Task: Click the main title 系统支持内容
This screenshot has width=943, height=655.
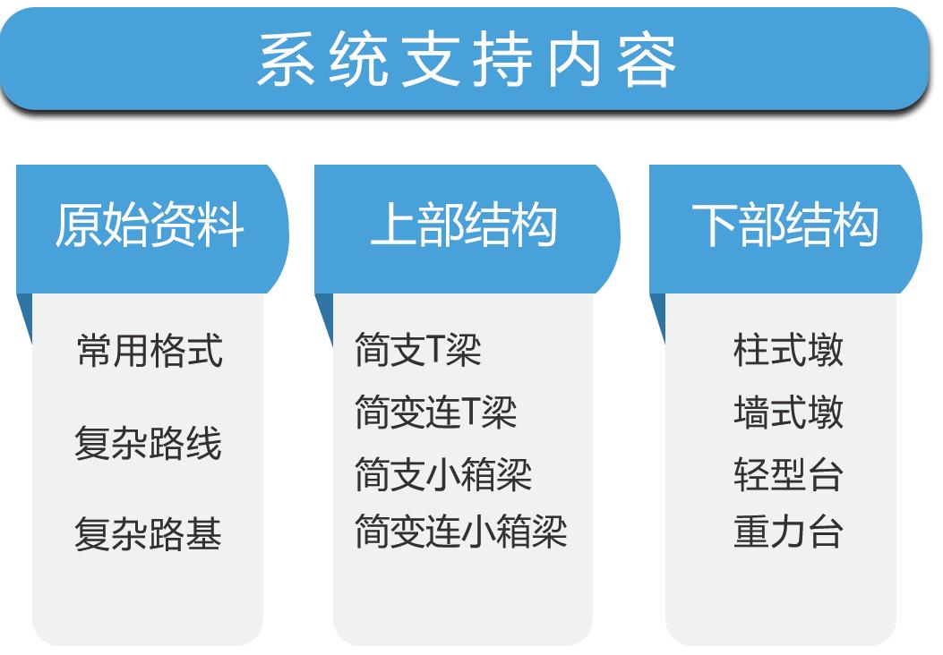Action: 467,59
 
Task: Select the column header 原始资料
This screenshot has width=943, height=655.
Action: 150,224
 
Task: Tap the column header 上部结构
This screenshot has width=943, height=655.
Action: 464,224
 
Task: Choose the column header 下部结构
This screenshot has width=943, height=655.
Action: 785,224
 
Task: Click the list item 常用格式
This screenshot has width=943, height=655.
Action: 150,350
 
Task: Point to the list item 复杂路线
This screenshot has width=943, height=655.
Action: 148,443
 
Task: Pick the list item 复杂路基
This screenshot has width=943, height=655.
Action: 148,533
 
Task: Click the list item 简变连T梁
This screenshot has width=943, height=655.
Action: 436,413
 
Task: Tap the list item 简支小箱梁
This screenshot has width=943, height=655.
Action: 443,474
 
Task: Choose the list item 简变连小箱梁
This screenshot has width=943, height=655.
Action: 461,532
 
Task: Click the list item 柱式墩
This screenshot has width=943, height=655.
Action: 788,350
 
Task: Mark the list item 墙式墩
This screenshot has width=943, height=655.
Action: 788,413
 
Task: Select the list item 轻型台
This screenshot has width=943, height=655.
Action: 788,474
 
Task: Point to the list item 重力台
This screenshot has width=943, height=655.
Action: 788,532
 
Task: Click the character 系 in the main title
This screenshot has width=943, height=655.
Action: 287,59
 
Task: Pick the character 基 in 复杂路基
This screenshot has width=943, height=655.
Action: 204,533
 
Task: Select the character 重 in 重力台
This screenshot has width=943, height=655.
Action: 751,532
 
